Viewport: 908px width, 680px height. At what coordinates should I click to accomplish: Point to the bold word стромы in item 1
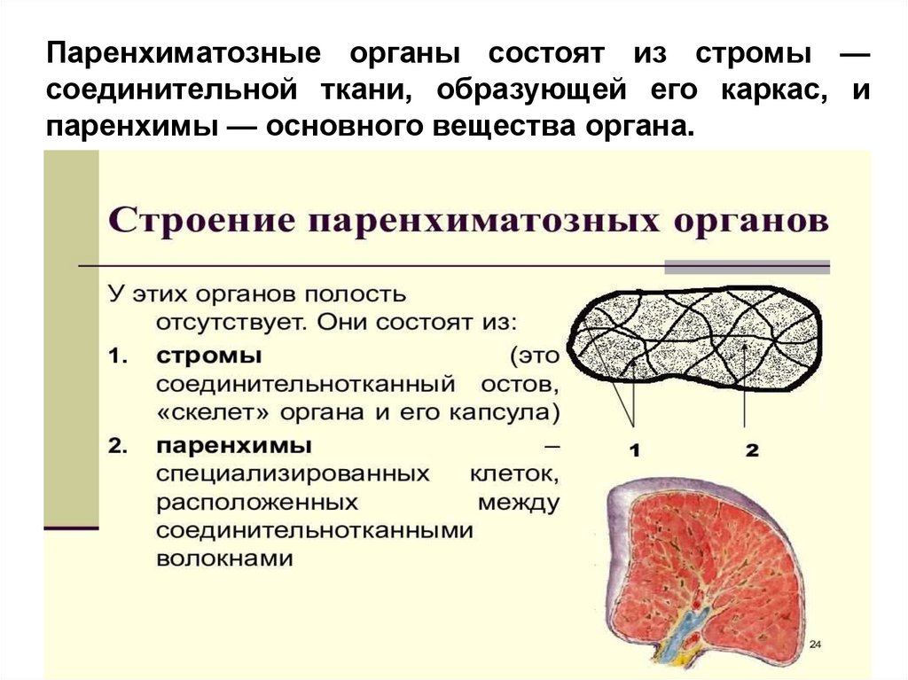coord(209,356)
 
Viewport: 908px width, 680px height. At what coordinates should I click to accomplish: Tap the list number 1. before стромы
coord(119,356)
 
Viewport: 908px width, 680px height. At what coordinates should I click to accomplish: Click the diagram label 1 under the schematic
coord(635,450)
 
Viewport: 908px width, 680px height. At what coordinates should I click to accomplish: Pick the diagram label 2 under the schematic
coord(752,450)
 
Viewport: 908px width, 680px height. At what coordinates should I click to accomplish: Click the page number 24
coord(815,643)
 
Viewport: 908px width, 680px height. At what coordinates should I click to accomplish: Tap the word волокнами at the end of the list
coord(224,559)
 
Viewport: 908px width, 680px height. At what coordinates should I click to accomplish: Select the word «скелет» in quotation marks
coord(203,414)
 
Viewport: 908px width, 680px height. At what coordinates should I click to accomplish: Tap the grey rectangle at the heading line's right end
coord(747,266)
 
